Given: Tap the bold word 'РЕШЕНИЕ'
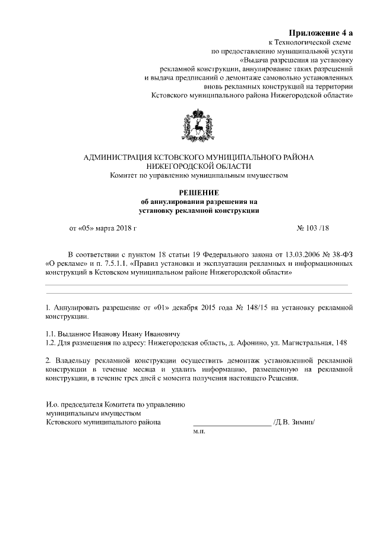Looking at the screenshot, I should click(x=199, y=192).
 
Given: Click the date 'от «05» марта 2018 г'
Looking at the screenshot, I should click(x=103, y=228).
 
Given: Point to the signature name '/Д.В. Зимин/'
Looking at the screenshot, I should click(x=293, y=423).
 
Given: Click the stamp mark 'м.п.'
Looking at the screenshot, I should click(x=199, y=433).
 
